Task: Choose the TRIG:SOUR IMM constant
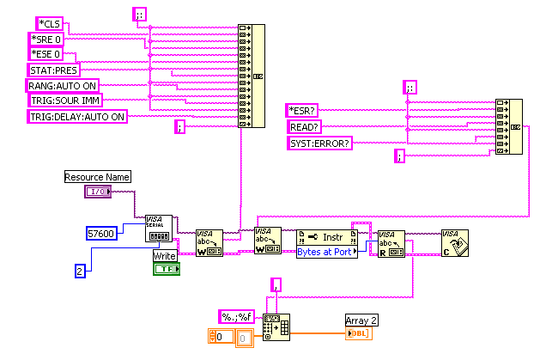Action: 64,101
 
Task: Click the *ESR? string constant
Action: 303,110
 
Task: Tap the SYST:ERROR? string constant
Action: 319,142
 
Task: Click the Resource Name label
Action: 97,177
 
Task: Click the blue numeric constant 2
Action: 80,271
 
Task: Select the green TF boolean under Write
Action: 166,269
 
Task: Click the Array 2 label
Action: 361,320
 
